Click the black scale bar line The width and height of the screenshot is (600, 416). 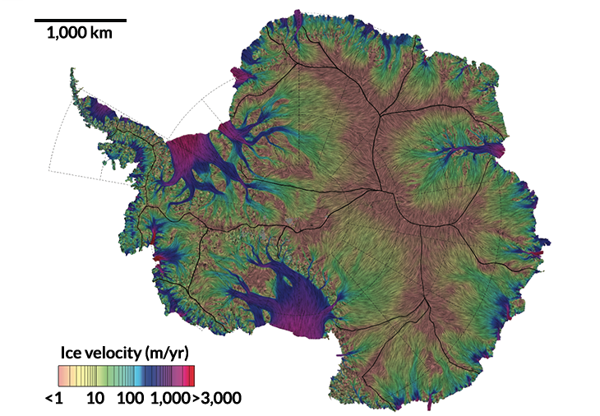(81, 20)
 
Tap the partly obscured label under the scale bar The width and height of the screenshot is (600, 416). (81, 34)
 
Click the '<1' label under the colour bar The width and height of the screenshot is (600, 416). (54, 399)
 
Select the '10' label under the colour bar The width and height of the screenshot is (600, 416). (95, 399)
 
